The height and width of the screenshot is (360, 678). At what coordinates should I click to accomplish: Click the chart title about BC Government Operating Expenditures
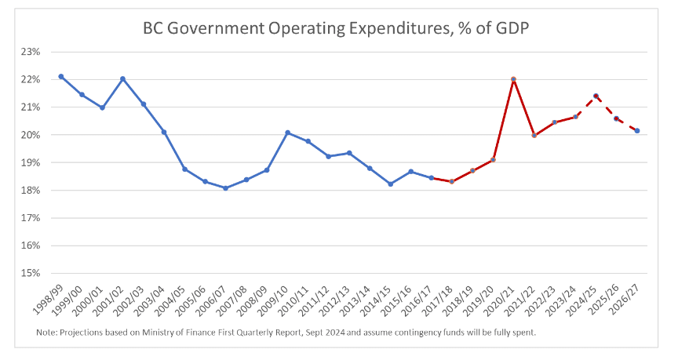tap(337, 28)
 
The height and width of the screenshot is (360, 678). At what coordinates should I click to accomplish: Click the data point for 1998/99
tap(61, 76)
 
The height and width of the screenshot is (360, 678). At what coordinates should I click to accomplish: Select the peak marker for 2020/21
tap(513, 79)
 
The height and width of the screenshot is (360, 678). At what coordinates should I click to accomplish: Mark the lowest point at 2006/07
tap(226, 188)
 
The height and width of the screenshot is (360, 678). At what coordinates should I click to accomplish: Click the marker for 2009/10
tap(287, 133)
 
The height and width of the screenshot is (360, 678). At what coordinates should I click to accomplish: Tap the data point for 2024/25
tap(596, 96)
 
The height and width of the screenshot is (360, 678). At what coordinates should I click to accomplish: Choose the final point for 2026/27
tap(636, 131)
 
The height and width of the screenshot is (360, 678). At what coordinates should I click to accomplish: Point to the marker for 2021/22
tap(534, 135)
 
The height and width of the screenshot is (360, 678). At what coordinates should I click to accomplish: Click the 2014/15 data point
tap(390, 184)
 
